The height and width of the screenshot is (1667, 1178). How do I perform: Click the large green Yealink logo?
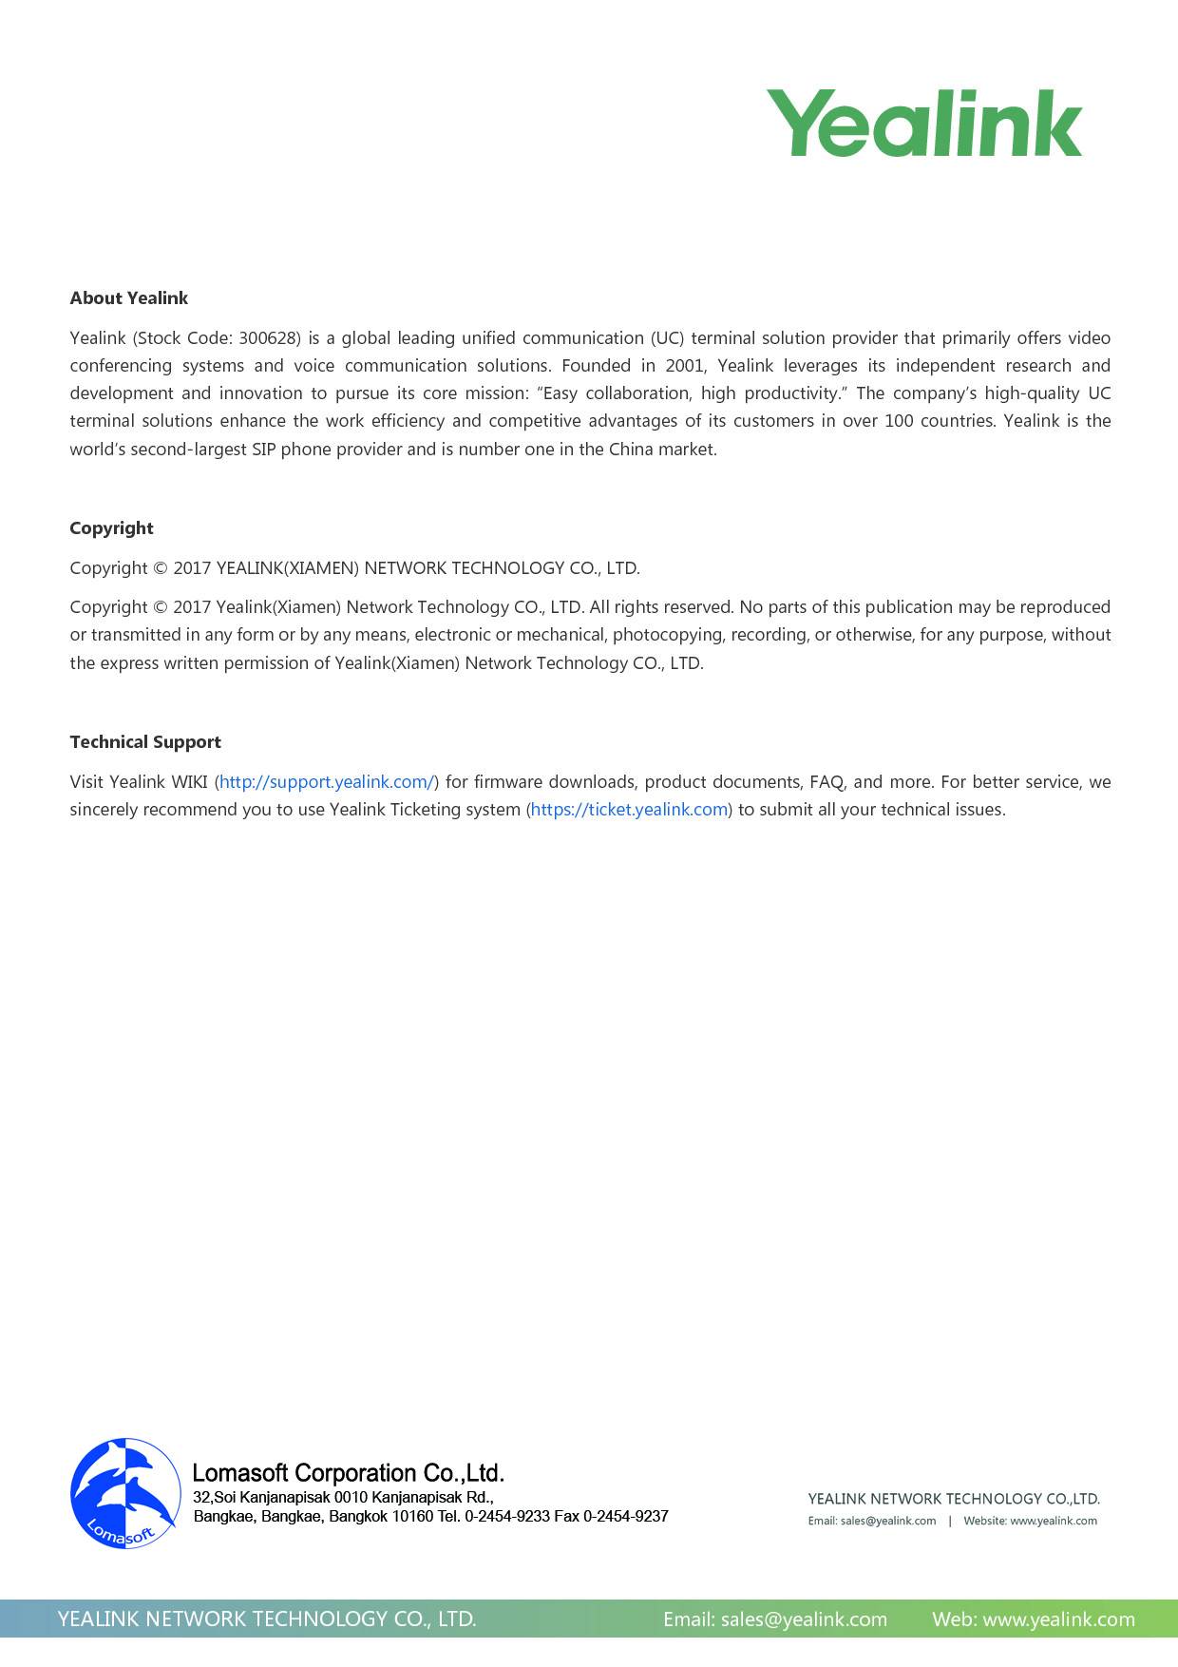pos(923,124)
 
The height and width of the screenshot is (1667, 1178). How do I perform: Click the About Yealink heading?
pos(129,298)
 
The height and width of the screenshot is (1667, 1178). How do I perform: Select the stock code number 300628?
pos(270,338)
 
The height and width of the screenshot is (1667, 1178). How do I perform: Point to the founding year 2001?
pos(684,366)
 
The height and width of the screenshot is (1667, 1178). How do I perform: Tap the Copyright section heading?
pos(111,528)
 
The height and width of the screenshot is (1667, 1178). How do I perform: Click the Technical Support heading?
pos(145,742)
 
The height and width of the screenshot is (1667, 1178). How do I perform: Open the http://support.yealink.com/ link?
pos(327,782)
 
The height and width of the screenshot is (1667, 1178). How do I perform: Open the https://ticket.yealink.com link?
pos(629,810)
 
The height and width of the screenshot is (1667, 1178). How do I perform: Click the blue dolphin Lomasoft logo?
pos(125,1493)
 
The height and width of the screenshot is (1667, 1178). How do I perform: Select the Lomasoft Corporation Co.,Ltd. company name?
pos(348,1473)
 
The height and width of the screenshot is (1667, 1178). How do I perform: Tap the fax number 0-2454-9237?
pos(625,1517)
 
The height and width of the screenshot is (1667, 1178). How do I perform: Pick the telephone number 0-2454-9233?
pos(507,1517)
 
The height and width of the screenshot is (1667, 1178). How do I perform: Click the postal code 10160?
pos(412,1517)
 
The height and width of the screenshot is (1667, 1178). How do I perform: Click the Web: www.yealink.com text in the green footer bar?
pos(1034,1619)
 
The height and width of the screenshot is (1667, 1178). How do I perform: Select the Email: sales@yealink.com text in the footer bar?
pos(775,1619)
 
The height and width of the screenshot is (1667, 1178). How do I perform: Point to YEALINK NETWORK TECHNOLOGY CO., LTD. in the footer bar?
pos(267,1619)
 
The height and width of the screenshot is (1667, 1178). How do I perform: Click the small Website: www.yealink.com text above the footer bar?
pos(1030,1522)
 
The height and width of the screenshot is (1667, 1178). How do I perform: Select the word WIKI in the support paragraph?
pos(189,782)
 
